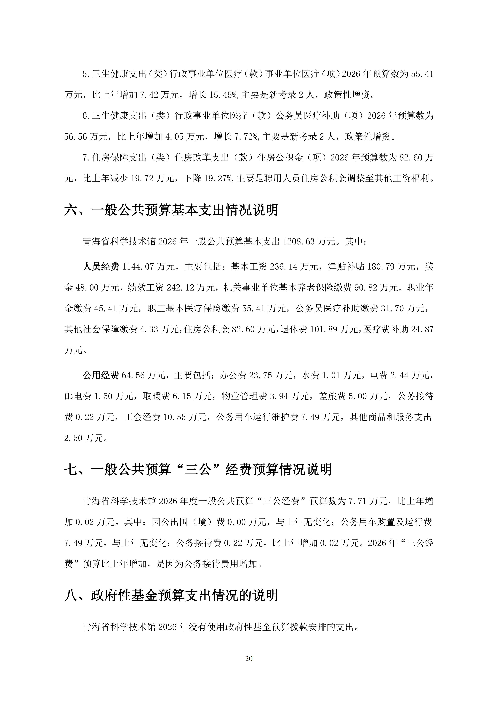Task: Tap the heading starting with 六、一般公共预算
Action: point(171,210)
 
